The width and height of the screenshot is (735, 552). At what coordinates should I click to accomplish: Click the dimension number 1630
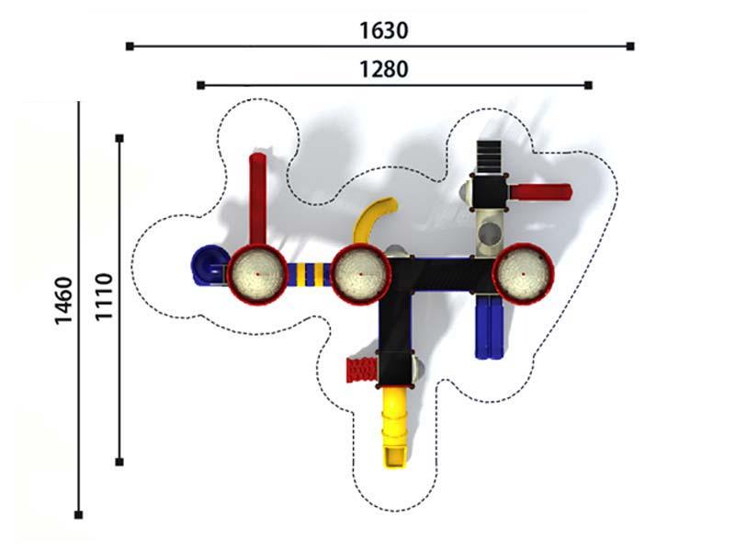[x=383, y=31]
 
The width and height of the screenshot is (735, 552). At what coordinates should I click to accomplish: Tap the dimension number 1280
[x=383, y=70]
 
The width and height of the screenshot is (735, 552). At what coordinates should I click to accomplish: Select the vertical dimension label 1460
[x=63, y=301]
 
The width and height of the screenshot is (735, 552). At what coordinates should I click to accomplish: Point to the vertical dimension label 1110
[x=104, y=296]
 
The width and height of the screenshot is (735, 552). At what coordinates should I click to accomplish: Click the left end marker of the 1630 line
[x=130, y=46]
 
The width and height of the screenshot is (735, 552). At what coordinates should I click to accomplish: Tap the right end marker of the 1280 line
[x=589, y=85]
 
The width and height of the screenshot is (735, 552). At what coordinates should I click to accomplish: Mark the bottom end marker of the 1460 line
[x=79, y=515]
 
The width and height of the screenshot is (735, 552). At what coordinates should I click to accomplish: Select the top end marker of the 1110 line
[x=119, y=138]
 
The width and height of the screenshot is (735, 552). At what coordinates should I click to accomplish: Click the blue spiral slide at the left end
[x=206, y=265]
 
